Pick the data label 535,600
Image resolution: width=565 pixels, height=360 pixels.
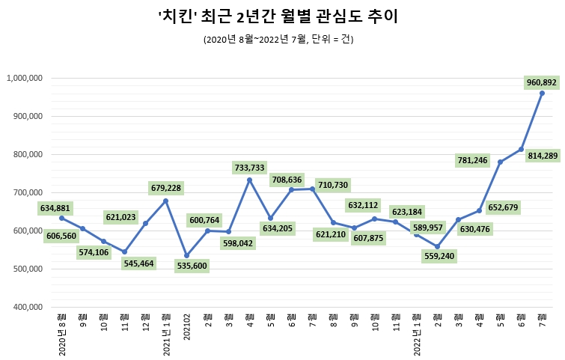point(186,265)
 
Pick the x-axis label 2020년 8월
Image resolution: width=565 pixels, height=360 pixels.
point(62,334)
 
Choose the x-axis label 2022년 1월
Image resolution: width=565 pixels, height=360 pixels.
point(417,334)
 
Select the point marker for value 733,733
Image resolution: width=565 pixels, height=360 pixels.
point(249,180)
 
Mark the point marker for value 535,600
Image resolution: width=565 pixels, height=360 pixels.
point(186,256)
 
